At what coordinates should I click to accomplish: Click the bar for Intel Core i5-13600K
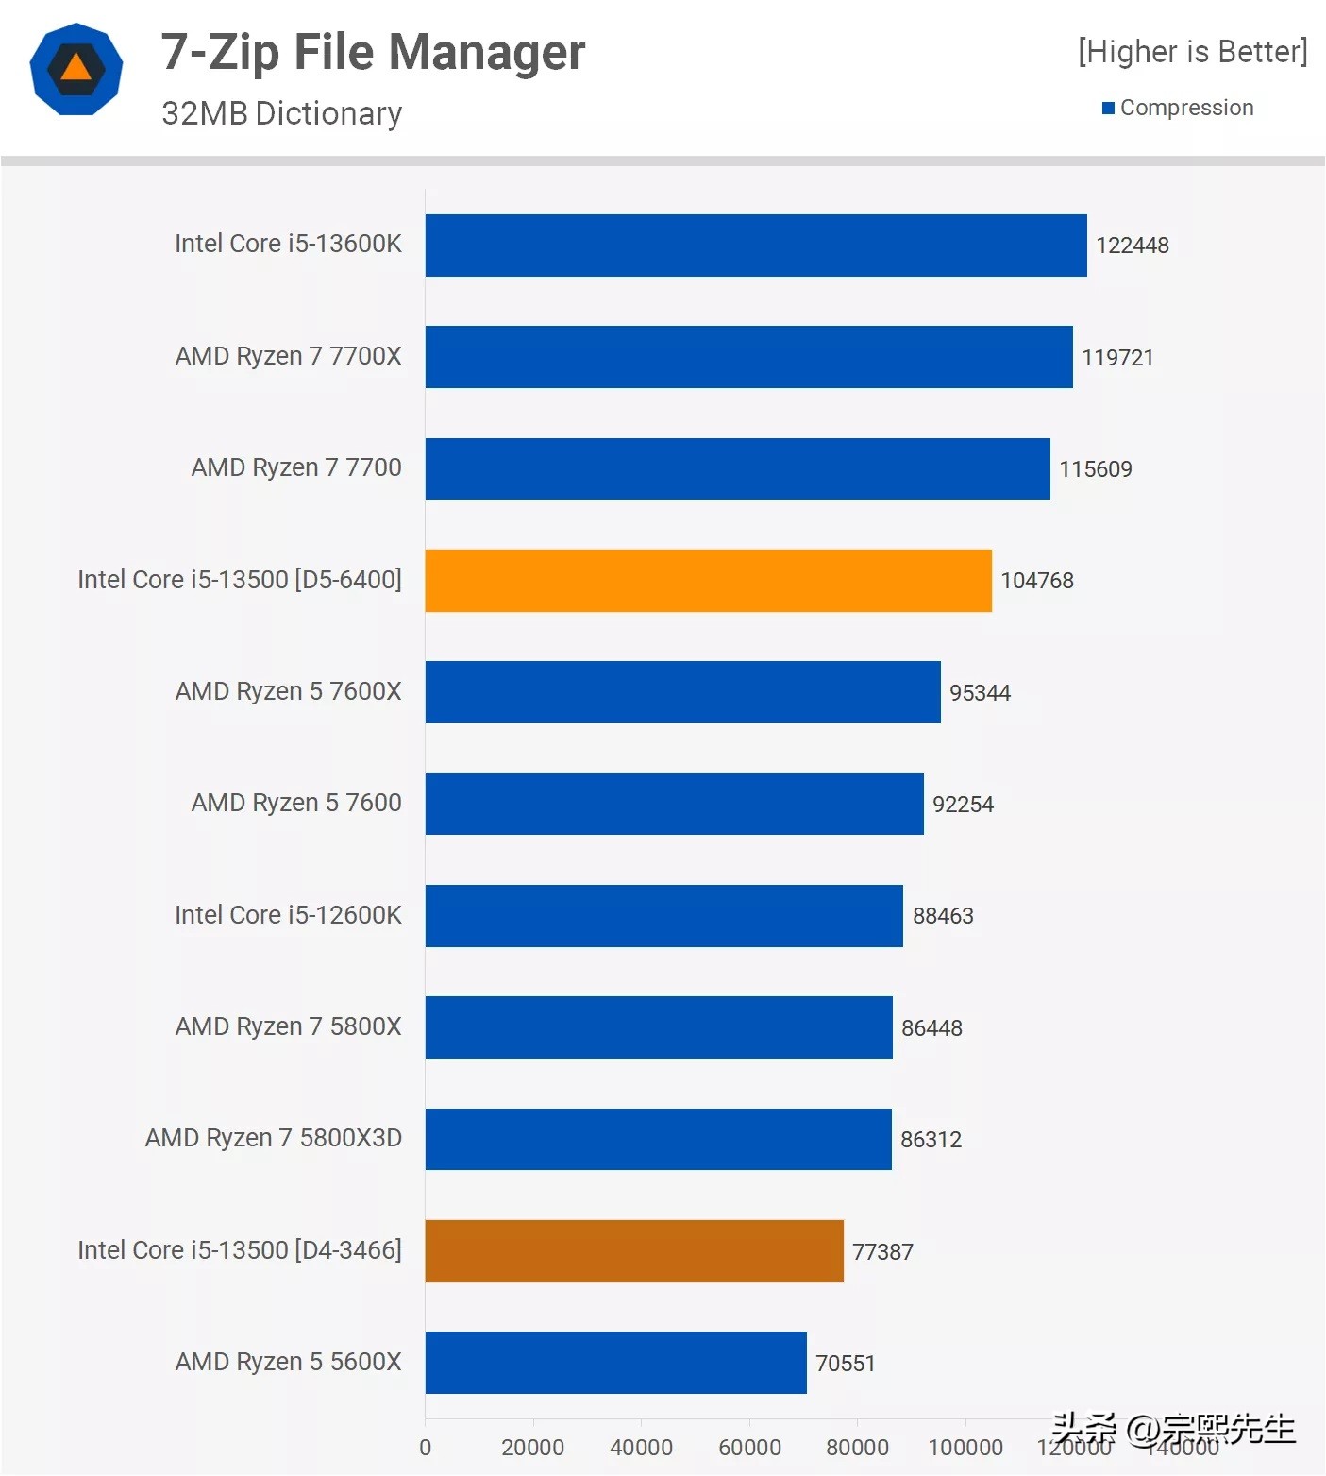[x=755, y=246]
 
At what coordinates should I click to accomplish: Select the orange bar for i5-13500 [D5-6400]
[x=708, y=581]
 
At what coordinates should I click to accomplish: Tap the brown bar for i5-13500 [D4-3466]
[x=634, y=1251]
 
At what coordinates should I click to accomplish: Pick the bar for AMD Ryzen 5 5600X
[x=615, y=1363]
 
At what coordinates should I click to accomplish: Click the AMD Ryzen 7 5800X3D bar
[x=658, y=1139]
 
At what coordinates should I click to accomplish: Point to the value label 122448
[x=1132, y=246]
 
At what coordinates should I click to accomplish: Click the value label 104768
[x=1036, y=581]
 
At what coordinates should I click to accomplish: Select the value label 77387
[x=882, y=1252]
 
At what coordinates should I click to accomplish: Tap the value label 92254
[x=963, y=805]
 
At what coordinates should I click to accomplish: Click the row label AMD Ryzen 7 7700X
[x=288, y=356]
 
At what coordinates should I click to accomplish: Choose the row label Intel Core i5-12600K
[x=288, y=915]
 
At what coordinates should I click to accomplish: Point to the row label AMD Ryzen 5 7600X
[x=288, y=691]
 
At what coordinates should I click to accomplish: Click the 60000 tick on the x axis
[x=749, y=1448]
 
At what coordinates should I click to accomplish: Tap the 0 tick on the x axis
[x=425, y=1448]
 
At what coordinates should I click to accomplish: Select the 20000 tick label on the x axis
[x=532, y=1448]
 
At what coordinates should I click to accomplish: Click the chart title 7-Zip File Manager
[x=373, y=52]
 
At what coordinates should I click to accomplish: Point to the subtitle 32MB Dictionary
[x=281, y=113]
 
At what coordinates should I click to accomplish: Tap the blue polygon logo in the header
[x=76, y=69]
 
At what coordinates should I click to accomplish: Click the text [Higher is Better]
[x=1192, y=52]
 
